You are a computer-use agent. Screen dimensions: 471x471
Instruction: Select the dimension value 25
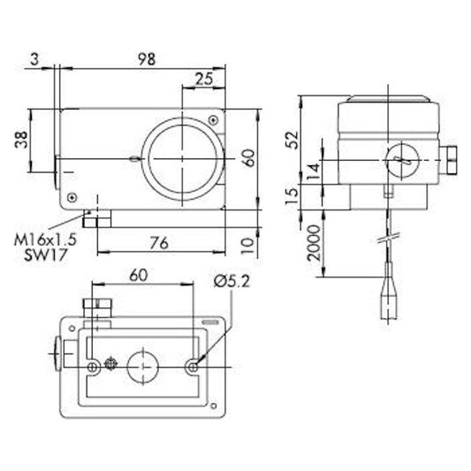[x=203, y=78]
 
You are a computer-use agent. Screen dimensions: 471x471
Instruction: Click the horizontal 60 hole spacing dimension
[x=138, y=275]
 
